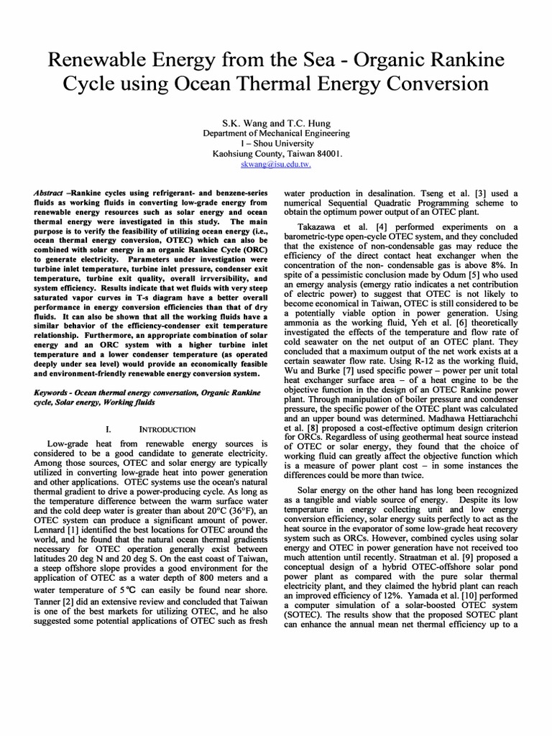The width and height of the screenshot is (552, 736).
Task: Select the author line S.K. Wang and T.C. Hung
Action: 276,123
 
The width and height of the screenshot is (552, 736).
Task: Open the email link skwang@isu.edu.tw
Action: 276,164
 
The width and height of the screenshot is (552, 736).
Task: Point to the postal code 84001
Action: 327,153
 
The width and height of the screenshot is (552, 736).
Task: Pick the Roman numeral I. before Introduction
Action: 107,429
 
